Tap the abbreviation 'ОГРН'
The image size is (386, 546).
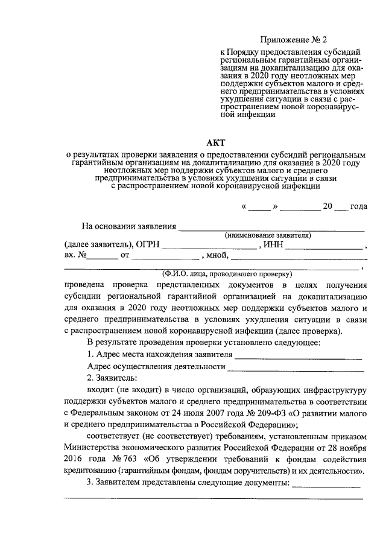point(148,244)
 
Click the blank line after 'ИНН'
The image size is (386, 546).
point(324,246)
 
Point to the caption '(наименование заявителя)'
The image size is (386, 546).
point(267,235)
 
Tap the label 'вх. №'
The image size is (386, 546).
point(76,256)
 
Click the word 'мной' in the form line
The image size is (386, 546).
point(214,256)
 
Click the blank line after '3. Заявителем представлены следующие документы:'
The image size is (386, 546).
point(326,484)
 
